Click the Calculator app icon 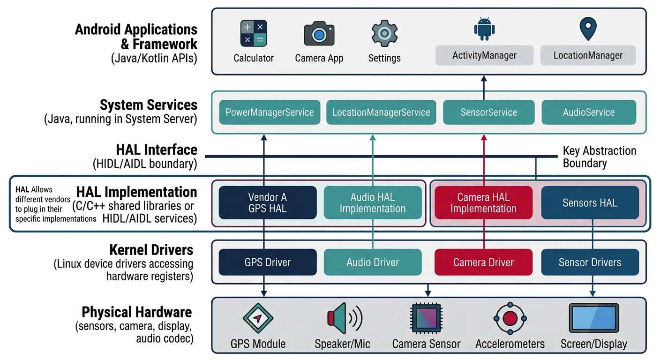tap(254, 33)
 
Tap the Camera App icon tap(319, 33)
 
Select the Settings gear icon tap(384, 33)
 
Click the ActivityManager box tap(484, 55)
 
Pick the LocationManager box tap(588, 55)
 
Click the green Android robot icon tap(484, 29)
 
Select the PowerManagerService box tap(270, 112)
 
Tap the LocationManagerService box tap(381, 112)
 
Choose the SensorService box tap(488, 112)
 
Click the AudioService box tap(589, 112)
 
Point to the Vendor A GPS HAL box tap(268, 203)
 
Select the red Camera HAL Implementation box tap(483, 203)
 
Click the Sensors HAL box tap(590, 203)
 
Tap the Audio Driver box tap(373, 262)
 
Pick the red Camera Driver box tap(483, 262)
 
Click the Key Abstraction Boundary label tap(599, 157)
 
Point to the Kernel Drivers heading tap(151, 249)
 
